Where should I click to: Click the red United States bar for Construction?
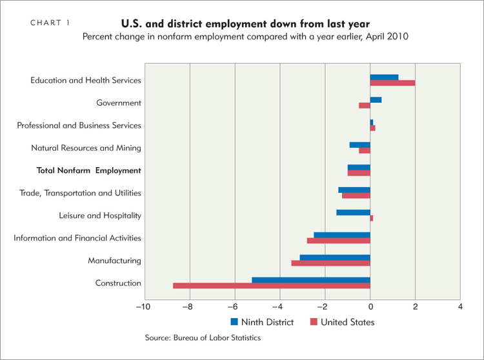pyautogui.click(x=271, y=286)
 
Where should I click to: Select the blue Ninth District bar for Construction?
pyautogui.click(x=310, y=280)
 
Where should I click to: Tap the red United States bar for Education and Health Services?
pyautogui.click(x=392, y=83)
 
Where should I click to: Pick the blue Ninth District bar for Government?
pyautogui.click(x=376, y=100)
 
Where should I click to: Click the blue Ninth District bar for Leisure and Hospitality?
pyautogui.click(x=353, y=212)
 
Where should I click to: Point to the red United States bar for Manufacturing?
pyautogui.click(x=330, y=263)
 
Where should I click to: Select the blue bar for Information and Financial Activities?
pyautogui.click(x=341, y=235)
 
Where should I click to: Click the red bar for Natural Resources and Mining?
pyautogui.click(x=364, y=151)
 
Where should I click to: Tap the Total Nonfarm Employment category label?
pyautogui.click(x=89, y=170)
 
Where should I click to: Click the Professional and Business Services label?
pyautogui.click(x=79, y=125)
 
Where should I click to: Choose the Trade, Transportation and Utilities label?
pyautogui.click(x=80, y=193)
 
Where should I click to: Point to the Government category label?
pyautogui.click(x=119, y=103)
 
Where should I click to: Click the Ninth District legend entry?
pyautogui.click(x=262, y=321)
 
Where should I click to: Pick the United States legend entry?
pyautogui.click(x=342, y=321)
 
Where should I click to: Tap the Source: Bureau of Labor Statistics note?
pyautogui.click(x=203, y=337)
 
